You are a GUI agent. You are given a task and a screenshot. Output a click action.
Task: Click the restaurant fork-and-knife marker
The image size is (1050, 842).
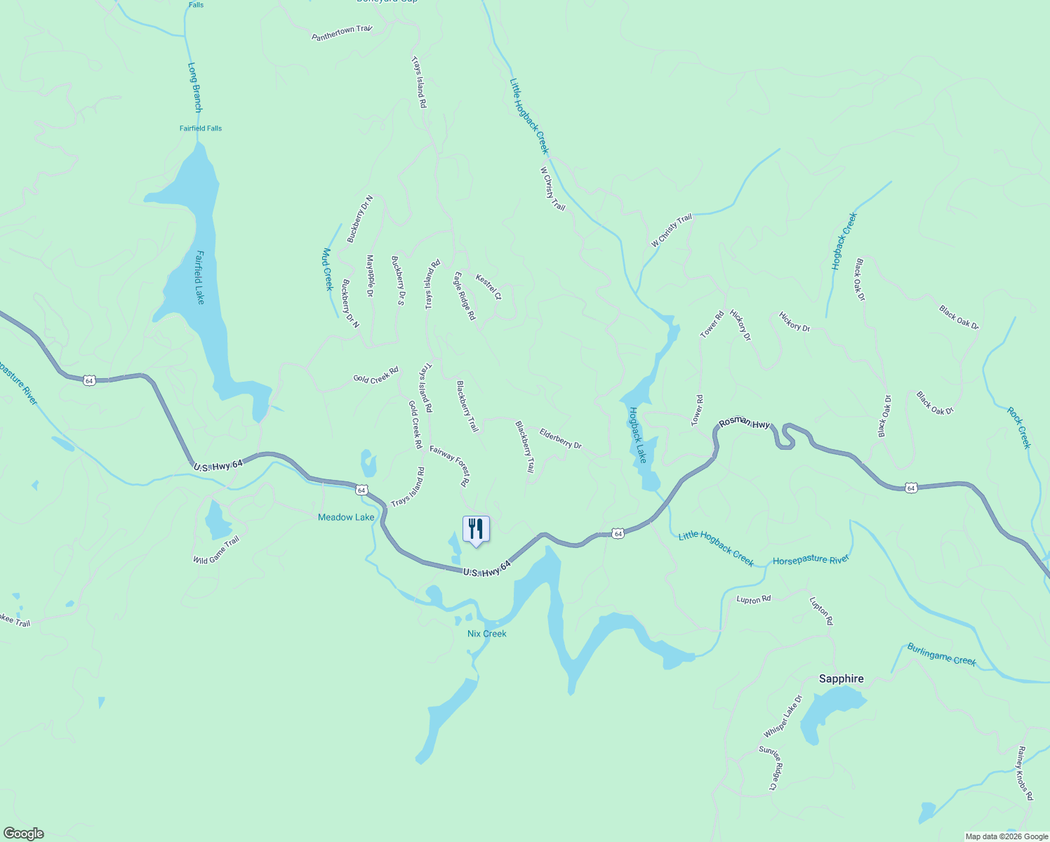coord(476,528)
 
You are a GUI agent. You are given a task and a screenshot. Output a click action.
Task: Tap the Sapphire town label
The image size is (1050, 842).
coord(841,679)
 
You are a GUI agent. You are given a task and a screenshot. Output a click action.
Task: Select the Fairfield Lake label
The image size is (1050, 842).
coord(200,277)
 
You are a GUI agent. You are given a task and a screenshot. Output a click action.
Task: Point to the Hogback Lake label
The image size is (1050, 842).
coord(637,435)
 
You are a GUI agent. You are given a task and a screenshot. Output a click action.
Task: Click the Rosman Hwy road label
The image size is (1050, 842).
coord(745,423)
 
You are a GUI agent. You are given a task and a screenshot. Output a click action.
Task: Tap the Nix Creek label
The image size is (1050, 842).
coord(486,634)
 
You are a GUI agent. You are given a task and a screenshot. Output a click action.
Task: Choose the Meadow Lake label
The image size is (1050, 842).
coord(346,517)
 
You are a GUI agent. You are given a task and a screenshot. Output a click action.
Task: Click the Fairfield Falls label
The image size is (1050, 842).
coord(201,128)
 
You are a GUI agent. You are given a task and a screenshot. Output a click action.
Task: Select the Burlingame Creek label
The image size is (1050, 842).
coord(941,654)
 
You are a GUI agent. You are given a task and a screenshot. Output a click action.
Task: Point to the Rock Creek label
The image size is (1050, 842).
coord(1019,427)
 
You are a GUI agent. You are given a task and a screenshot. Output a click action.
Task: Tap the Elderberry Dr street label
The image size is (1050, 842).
coord(560,439)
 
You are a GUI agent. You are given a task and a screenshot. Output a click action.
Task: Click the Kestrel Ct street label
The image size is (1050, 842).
coord(489,287)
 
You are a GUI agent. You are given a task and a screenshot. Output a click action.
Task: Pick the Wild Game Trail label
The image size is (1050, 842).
coord(216,550)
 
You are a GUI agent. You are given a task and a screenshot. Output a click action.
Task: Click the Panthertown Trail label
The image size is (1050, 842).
coord(342,33)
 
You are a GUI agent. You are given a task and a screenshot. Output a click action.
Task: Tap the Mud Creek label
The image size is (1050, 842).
coord(327,269)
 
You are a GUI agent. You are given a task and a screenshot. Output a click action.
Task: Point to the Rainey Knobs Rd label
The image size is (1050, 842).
coord(1025,773)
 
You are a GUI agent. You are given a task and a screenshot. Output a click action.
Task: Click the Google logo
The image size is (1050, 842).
coord(24,834)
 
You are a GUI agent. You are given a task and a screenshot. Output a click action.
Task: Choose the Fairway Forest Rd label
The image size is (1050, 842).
coord(450,466)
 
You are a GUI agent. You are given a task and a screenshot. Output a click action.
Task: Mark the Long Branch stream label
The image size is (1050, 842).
coord(195,88)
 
